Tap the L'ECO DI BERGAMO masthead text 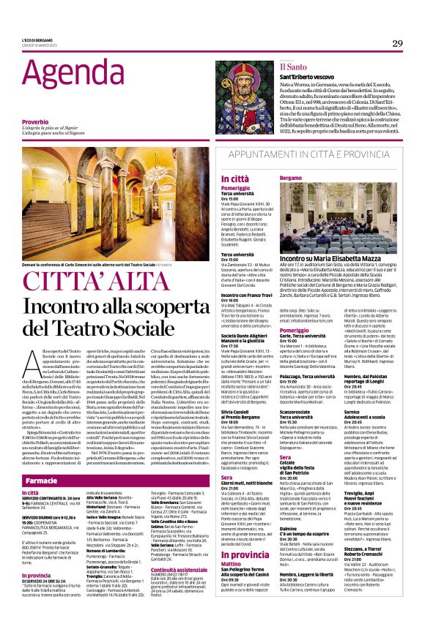tap(37, 39)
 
